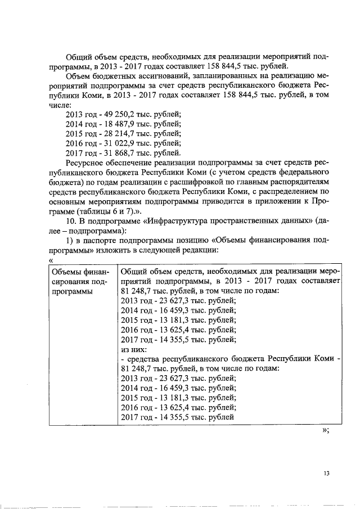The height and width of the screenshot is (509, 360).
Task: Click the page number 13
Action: point(326,473)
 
